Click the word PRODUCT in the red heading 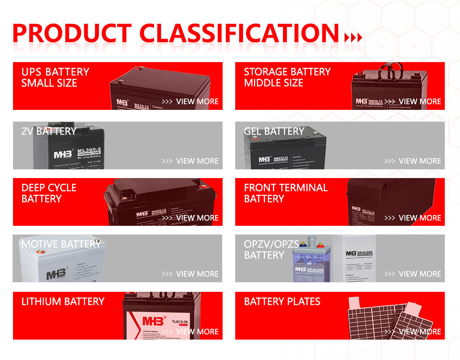pyautogui.click(x=72, y=33)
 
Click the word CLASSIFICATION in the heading pyautogui.click(x=239, y=33)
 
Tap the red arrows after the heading pyautogui.click(x=353, y=37)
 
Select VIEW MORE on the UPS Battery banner pyautogui.click(x=197, y=102)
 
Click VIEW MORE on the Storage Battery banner pyautogui.click(x=420, y=102)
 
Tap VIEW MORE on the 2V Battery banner pyautogui.click(x=197, y=161)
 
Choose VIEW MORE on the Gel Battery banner pyautogui.click(x=420, y=161)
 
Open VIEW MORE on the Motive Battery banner pyautogui.click(x=197, y=274)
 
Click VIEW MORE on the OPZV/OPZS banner pyautogui.click(x=420, y=274)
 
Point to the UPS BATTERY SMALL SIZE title pyautogui.click(x=55, y=77)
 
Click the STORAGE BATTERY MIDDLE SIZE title pyautogui.click(x=287, y=77)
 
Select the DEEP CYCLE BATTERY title pyautogui.click(x=49, y=193)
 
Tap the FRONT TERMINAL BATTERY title pyautogui.click(x=286, y=193)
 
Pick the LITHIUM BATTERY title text pyautogui.click(x=63, y=301)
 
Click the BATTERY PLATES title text pyautogui.click(x=282, y=301)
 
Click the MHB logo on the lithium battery pyautogui.click(x=154, y=321)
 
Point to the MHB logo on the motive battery pyautogui.click(x=56, y=274)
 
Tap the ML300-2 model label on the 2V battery pyautogui.click(x=89, y=150)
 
